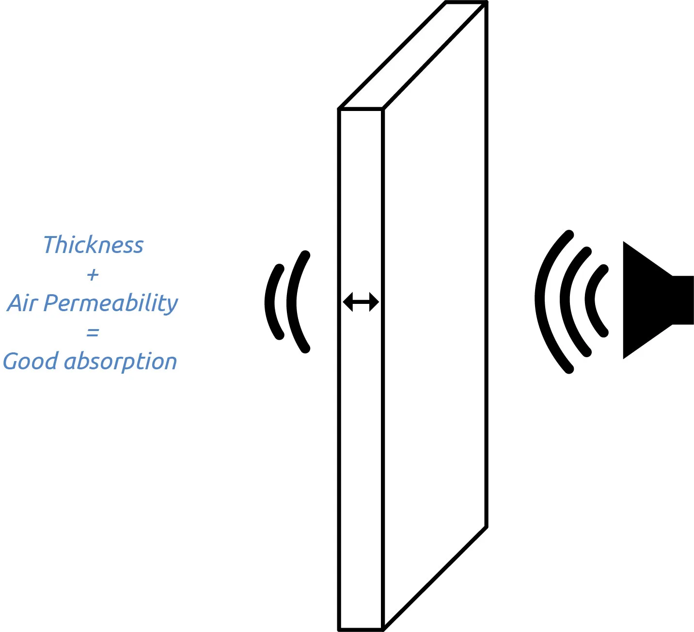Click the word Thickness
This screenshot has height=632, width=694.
coord(94,245)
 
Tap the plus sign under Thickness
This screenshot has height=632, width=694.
coord(93,275)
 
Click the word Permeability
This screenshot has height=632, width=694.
coord(111,304)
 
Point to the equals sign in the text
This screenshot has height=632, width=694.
coord(93,332)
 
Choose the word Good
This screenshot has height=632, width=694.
coord(30,362)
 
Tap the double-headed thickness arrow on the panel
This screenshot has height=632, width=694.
coord(361,302)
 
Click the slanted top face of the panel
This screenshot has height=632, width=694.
coord(412,56)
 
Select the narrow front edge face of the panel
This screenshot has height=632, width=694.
coord(361,436)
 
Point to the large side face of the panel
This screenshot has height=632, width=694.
coord(435,315)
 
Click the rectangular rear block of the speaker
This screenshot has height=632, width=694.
coord(683,300)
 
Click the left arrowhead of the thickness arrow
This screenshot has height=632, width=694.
coord(347,302)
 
